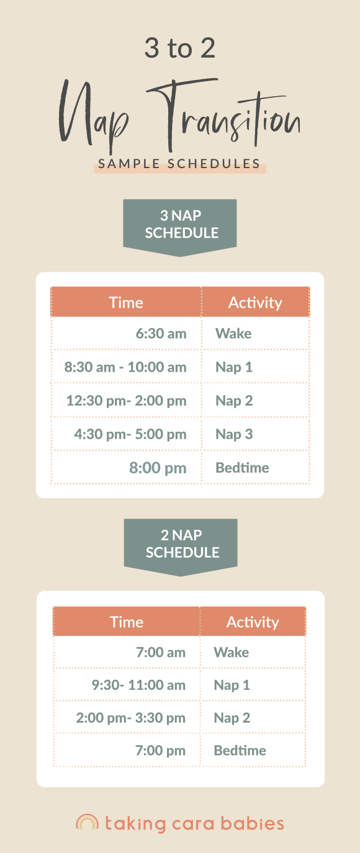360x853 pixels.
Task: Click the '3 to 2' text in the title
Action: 179,48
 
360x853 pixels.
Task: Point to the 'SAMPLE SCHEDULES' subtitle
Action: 179,164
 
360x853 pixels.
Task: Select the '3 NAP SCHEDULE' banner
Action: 180,225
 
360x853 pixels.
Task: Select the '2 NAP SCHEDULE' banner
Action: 181,544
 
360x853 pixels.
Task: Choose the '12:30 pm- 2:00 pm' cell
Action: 126,401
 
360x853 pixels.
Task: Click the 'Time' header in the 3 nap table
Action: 126,303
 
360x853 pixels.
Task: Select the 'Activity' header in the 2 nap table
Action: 253,622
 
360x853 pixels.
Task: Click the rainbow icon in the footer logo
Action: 87,823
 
